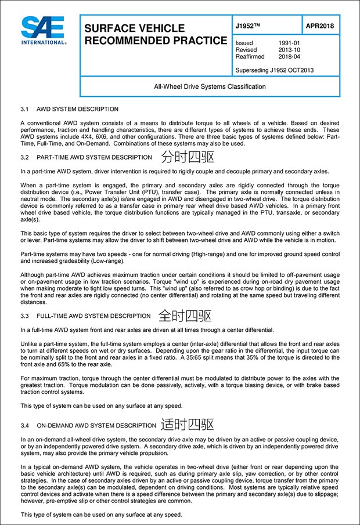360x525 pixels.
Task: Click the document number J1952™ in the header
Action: point(249,27)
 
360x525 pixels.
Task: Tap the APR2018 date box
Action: point(321,27)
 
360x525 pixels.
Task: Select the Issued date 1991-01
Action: point(290,44)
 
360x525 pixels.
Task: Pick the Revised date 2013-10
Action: point(290,50)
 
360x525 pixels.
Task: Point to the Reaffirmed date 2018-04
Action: point(290,57)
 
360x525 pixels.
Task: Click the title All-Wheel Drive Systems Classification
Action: point(210,86)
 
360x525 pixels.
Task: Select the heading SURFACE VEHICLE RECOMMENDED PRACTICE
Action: point(156,35)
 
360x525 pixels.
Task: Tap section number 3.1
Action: point(24,109)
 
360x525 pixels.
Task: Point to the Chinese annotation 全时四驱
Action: point(185,316)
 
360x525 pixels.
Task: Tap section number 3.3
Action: point(24,317)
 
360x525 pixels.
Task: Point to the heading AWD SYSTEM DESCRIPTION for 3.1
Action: point(77,109)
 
